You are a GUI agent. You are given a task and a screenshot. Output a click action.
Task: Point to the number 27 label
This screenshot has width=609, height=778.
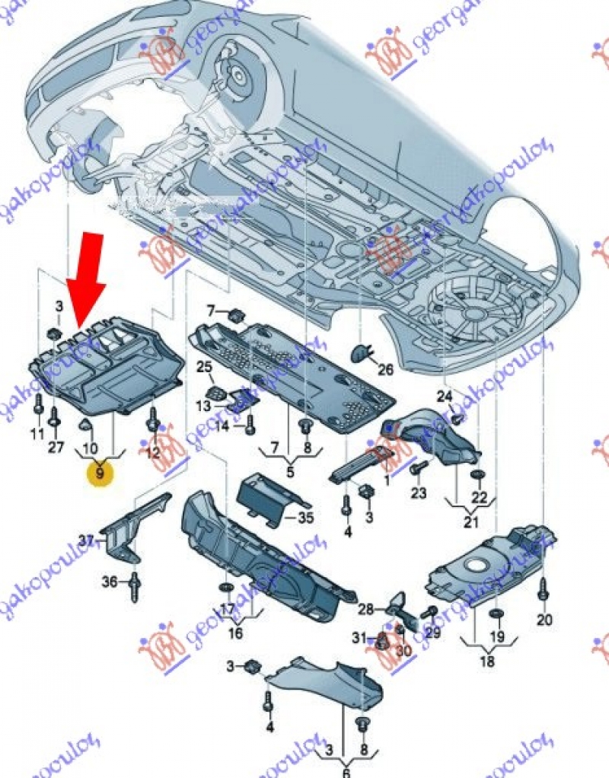[56, 447]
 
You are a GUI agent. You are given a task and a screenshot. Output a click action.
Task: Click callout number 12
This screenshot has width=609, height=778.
[152, 451]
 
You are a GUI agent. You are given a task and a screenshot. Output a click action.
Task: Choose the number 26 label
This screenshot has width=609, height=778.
[386, 370]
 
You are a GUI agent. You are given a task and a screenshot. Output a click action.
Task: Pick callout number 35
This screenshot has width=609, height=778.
[305, 520]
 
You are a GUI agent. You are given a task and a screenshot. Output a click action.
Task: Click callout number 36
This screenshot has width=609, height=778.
[111, 582]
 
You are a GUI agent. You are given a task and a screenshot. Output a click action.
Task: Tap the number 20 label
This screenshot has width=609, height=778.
[543, 620]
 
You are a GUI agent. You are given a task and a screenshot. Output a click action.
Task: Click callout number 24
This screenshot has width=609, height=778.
[445, 396]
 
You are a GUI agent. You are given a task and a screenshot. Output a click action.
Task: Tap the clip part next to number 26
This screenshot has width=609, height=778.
[360, 352]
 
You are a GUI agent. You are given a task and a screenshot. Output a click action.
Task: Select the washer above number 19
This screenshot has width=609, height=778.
[496, 614]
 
